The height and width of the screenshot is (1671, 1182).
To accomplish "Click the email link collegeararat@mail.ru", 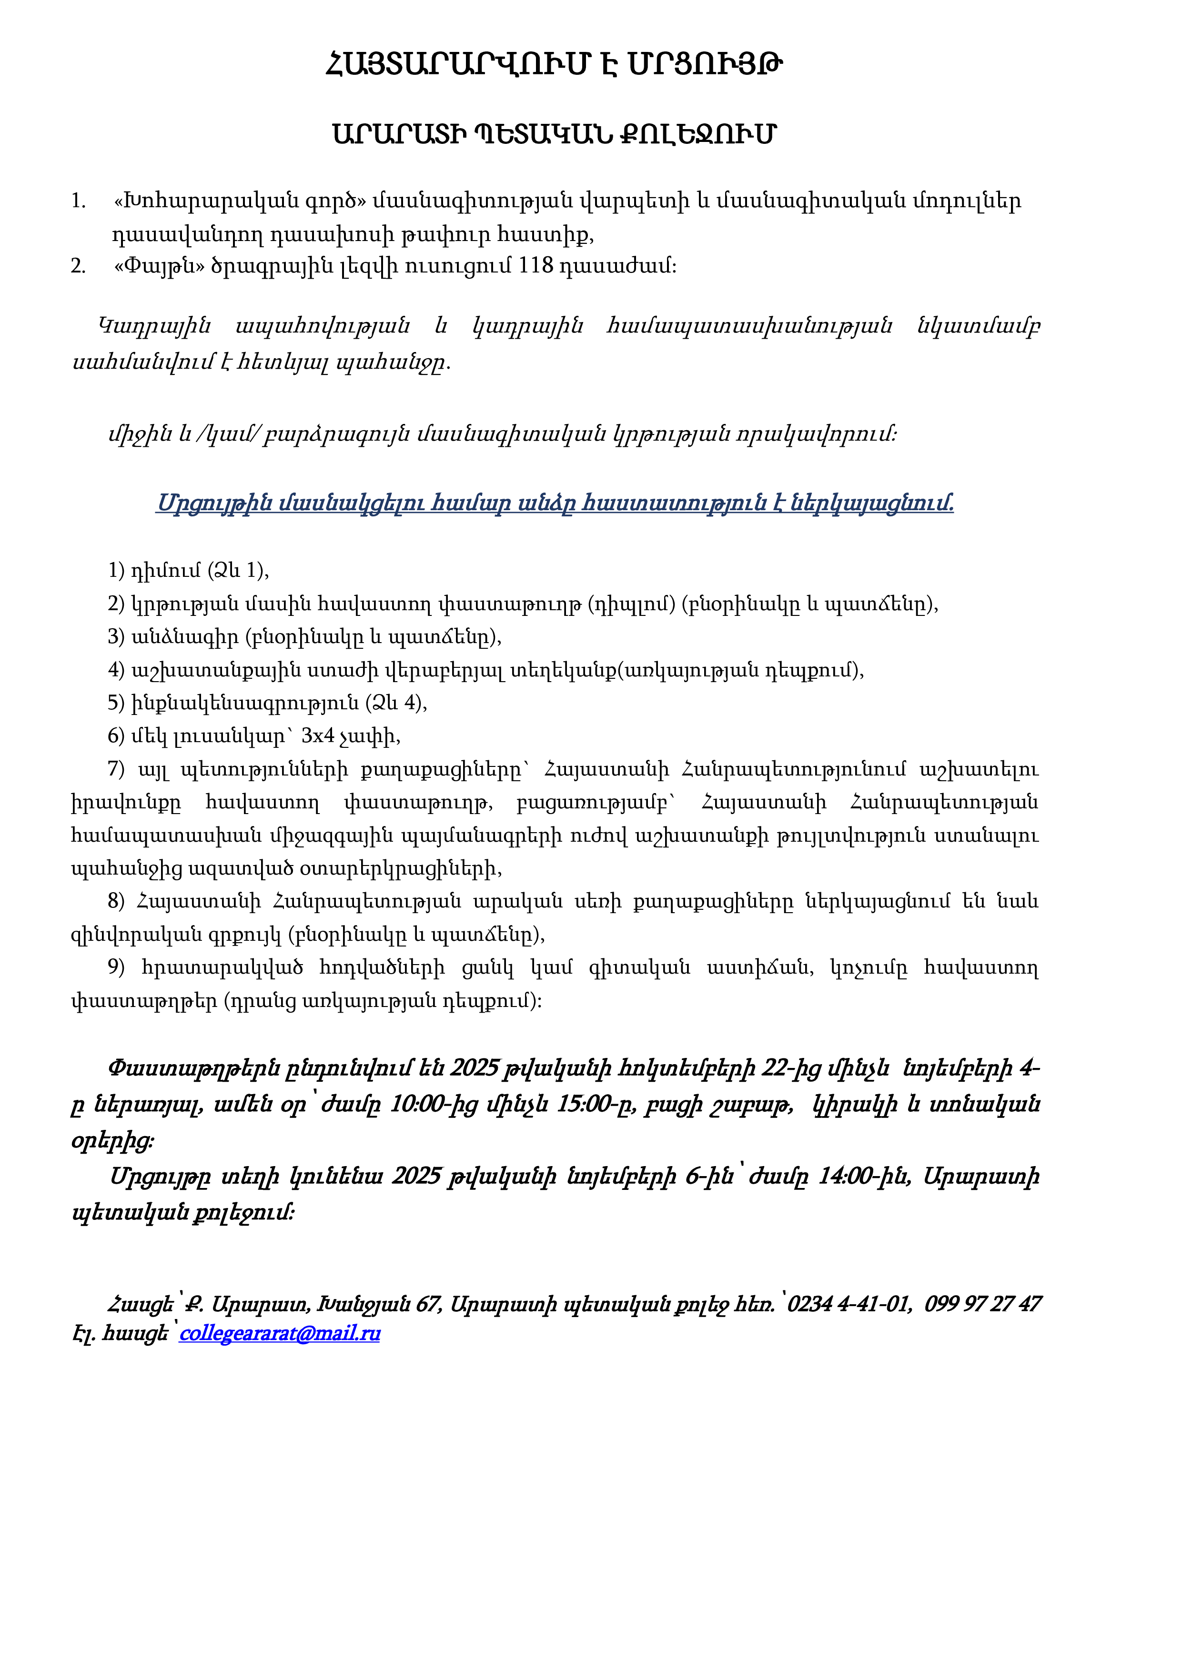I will (x=280, y=1333).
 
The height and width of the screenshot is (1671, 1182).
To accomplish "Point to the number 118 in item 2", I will (x=535, y=266).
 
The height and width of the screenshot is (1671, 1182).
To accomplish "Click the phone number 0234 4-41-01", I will (x=849, y=1303).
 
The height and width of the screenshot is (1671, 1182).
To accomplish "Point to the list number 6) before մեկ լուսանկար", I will (x=116, y=736).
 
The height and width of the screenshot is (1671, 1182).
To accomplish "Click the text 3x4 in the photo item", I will (x=318, y=736).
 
